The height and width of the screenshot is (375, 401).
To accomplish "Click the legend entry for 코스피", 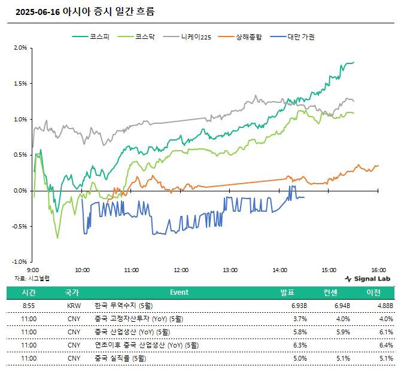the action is click(91, 37).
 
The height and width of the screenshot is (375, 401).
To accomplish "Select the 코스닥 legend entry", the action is click(136, 37).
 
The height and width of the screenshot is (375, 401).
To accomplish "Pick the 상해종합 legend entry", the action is click(240, 37).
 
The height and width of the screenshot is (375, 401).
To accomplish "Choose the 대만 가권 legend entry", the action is click(292, 37).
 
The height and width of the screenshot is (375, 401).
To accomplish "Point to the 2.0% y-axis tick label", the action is click(20, 48).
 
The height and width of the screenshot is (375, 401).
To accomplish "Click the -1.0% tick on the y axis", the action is click(19, 262).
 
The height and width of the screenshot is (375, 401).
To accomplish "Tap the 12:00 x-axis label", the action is click(181, 270).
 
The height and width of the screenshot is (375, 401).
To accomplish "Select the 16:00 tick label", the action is click(378, 270).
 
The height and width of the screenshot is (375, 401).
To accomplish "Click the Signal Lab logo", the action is click(367, 279).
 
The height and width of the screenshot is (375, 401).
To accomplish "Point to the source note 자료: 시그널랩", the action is click(32, 278).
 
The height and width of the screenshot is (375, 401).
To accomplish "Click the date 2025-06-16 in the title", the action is click(38, 12).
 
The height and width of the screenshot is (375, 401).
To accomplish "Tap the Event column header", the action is click(179, 292).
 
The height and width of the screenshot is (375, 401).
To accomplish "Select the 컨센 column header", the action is click(330, 292).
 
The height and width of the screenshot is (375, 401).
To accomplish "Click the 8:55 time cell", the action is click(29, 306).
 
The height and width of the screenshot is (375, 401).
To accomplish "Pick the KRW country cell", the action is click(74, 306).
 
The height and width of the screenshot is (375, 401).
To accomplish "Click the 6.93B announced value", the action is click(299, 306).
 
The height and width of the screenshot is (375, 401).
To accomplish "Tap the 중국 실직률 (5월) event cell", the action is click(120, 358).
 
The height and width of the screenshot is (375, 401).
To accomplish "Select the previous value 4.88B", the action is click(385, 306).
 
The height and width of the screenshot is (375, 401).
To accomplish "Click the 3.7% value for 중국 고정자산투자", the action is click(300, 319).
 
